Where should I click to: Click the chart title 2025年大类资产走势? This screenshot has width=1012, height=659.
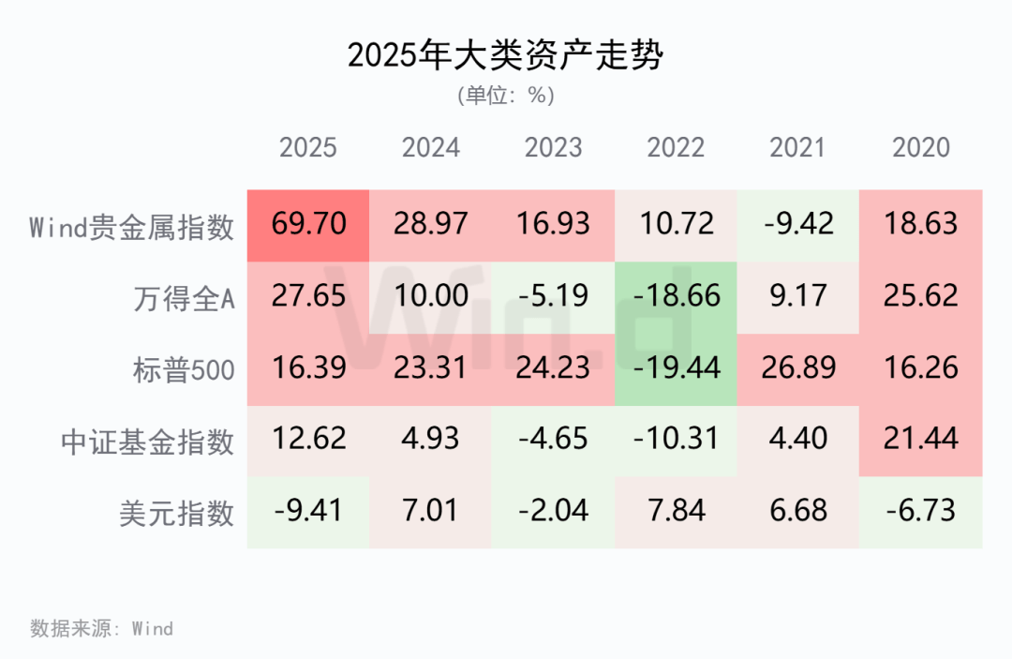click(x=505, y=55)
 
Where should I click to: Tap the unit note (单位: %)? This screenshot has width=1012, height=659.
click(x=505, y=96)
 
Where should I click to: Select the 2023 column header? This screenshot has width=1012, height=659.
click(x=554, y=148)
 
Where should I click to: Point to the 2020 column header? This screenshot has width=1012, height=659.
click(x=921, y=148)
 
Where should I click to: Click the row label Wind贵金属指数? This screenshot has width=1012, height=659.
click(x=131, y=226)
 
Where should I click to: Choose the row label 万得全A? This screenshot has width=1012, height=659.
click(x=184, y=297)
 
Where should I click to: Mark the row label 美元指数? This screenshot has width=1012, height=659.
click(x=176, y=512)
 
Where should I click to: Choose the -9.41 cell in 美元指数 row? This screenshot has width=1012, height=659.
click(x=308, y=512)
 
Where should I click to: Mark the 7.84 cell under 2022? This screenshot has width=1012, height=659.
click(x=676, y=512)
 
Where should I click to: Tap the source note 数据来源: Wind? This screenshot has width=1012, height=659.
click(x=101, y=628)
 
